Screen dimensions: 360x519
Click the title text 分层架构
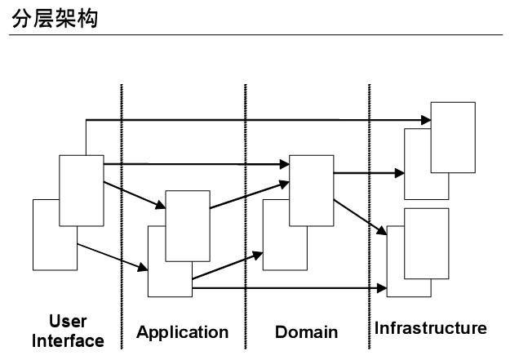click(55, 17)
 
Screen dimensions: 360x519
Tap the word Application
click(183, 332)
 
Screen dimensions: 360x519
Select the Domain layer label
click(306, 332)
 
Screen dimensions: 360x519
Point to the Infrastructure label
click(431, 329)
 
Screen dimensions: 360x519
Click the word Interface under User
click(68, 340)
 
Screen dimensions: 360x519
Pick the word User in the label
click(68, 321)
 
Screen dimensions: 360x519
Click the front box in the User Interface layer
click(81, 189)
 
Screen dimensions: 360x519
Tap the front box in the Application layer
click(187, 226)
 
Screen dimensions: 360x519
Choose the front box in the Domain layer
click(313, 189)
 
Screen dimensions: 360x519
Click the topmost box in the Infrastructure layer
click(453, 136)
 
